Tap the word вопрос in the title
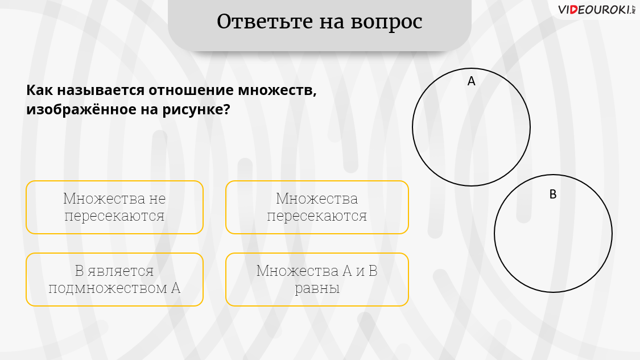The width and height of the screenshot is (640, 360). point(386,23)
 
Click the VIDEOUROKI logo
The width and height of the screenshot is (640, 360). point(596,10)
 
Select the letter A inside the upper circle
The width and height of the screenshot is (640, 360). point(472,81)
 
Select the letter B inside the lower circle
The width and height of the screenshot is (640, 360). point(553,195)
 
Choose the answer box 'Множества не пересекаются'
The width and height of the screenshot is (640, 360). point(115,208)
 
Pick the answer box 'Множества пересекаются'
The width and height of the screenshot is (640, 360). point(317,208)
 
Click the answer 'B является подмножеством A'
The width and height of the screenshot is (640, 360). point(115,280)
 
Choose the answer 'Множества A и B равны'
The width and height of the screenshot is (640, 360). point(317,280)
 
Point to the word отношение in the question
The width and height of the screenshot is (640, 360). point(191,90)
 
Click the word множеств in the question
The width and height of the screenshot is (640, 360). point(277,90)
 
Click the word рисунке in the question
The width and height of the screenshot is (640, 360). point(196,110)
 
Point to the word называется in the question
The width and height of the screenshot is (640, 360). point(100,90)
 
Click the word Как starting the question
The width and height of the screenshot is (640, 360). point(40,90)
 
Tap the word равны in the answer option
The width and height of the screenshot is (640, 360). point(317,288)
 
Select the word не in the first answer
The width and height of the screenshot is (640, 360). point(157,199)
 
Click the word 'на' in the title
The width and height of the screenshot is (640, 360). point(332,23)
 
